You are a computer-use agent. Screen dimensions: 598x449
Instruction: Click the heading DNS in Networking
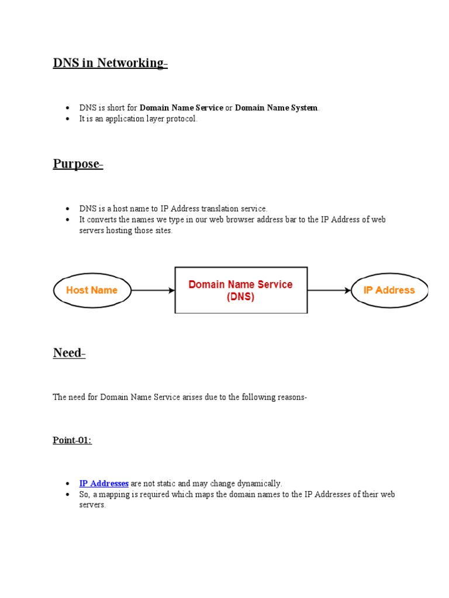109,63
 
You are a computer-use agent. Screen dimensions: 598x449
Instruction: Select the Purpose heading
77,164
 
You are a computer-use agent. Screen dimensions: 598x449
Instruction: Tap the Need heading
68,353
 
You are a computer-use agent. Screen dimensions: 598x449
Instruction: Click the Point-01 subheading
72,440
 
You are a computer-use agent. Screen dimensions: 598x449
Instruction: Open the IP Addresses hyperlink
104,484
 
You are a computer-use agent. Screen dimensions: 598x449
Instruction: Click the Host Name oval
92,290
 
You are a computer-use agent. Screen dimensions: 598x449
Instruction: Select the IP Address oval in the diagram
389,290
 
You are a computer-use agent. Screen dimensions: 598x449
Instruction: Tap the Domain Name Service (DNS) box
241,290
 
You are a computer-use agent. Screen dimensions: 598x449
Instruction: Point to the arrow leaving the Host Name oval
153,290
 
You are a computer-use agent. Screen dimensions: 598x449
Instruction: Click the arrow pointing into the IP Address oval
329,290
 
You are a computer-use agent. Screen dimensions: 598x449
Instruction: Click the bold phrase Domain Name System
277,107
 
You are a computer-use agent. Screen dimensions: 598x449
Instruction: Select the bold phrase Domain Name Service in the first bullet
181,107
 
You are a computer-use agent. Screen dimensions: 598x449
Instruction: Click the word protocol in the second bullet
184,119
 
